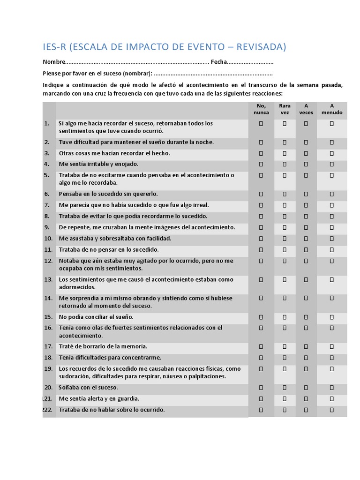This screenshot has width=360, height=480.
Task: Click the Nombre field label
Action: (53, 62)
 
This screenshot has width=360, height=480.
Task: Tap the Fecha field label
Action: (218, 62)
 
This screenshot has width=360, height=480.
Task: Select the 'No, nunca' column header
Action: (261, 109)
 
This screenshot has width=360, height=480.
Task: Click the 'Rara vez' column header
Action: (285, 109)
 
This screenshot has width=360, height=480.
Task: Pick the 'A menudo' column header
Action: (332, 109)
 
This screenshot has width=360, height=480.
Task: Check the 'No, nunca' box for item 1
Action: (261, 124)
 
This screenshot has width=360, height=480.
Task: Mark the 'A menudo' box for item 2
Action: (331, 142)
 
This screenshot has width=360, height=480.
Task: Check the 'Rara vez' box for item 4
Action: (285, 164)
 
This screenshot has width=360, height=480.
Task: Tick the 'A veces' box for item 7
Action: (306, 205)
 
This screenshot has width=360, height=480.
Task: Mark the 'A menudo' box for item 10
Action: (331, 238)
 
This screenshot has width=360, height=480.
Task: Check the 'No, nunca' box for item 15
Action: (261, 317)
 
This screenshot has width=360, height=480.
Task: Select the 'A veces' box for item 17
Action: (306, 346)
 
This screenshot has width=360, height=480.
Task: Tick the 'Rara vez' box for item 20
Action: (285, 388)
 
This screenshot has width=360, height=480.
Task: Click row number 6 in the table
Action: (46, 194)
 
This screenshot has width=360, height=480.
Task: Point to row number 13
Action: (48, 279)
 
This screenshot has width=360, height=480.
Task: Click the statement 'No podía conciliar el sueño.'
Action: (96, 317)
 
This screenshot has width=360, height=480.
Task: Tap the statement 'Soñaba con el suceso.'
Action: (88, 388)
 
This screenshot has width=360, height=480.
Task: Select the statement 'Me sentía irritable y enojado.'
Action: (98, 164)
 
